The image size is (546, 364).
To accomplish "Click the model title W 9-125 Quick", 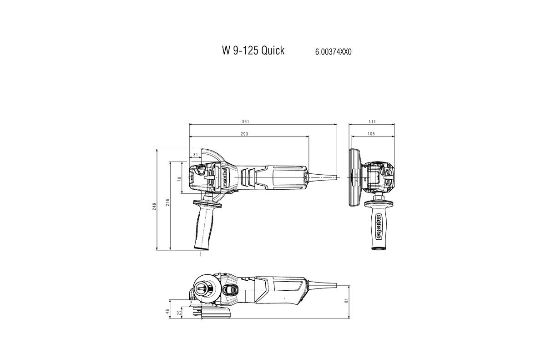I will tap(253, 51).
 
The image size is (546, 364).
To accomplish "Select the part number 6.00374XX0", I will tap(333, 52).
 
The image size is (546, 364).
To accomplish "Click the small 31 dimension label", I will tap(196, 155).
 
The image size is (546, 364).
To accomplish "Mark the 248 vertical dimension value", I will tap(155, 206).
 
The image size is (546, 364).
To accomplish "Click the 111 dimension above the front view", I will tap(372, 121).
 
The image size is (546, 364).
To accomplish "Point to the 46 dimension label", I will tap(167, 311).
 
